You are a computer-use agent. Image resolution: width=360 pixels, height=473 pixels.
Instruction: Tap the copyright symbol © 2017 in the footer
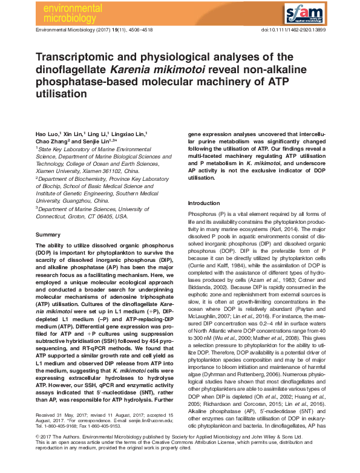pyautogui.click(x=45, y=451)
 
